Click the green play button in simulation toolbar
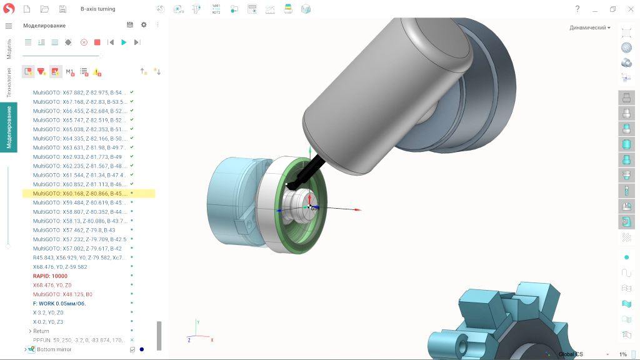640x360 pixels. click(x=124, y=42)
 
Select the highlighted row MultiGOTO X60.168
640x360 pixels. click(x=79, y=194)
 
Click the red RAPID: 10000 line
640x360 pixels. click(x=50, y=276)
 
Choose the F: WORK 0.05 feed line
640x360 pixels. click(x=59, y=303)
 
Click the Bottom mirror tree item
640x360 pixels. click(x=54, y=349)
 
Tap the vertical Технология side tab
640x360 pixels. click(x=9, y=83)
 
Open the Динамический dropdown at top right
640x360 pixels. click(x=589, y=27)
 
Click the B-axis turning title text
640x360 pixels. click(x=97, y=9)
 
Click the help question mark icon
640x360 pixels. click(x=577, y=9)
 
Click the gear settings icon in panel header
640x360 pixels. click(x=144, y=25)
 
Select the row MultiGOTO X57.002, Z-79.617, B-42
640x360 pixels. click(x=77, y=248)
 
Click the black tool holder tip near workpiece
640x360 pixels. click(x=292, y=184)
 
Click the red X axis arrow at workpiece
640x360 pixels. click(x=357, y=210)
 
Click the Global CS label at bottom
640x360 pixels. click(x=570, y=354)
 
